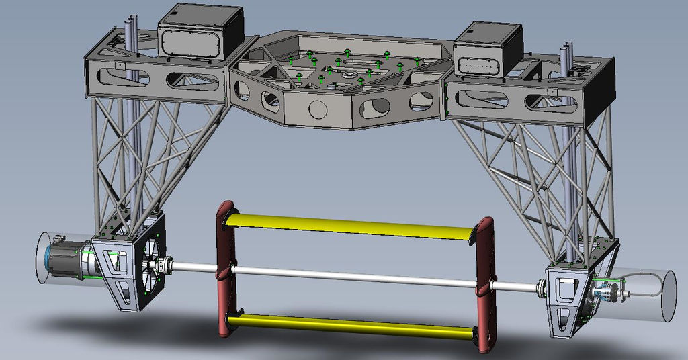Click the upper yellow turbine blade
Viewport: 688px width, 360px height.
click(x=349, y=226)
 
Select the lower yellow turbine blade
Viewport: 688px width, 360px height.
click(x=349, y=326)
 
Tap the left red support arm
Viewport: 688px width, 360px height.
click(x=225, y=269)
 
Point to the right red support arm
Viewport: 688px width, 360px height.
click(x=485, y=282)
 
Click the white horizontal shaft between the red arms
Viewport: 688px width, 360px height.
click(x=356, y=277)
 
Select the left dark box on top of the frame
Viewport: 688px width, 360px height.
click(x=200, y=34)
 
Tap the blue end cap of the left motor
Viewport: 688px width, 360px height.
click(x=46, y=258)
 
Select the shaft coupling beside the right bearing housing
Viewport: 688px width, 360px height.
click(x=539, y=289)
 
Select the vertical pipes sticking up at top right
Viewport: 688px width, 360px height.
click(x=567, y=56)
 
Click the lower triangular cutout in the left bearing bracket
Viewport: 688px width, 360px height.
click(x=122, y=293)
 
